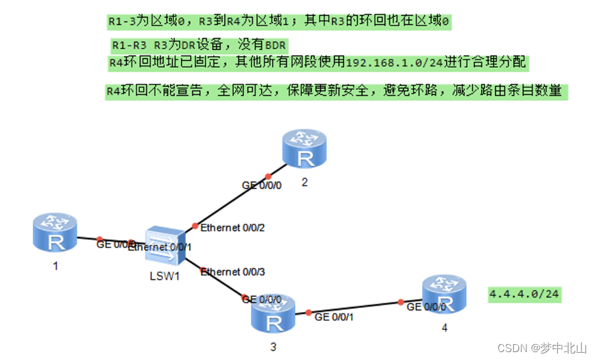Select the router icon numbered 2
click(304, 149)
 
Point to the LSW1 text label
click(164, 276)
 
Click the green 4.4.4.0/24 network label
click(524, 294)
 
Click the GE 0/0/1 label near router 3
click(334, 317)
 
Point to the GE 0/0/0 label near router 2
click(262, 186)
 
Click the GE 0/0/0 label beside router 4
click(426, 307)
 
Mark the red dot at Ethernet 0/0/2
click(195, 226)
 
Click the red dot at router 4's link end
click(400, 302)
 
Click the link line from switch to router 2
click(230, 202)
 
